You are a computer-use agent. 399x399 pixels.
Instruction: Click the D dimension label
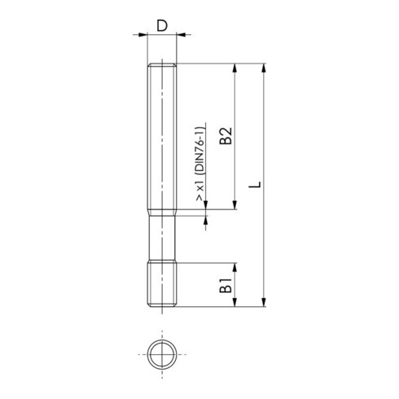[x=162, y=25]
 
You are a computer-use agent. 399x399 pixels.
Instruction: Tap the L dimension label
[x=255, y=186]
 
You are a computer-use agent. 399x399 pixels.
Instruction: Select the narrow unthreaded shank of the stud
[x=163, y=237]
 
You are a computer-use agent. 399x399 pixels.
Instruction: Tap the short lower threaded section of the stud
[x=163, y=286]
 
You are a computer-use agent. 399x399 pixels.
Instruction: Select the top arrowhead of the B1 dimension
[x=236, y=268]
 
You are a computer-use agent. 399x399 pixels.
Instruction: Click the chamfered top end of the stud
[x=163, y=66]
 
